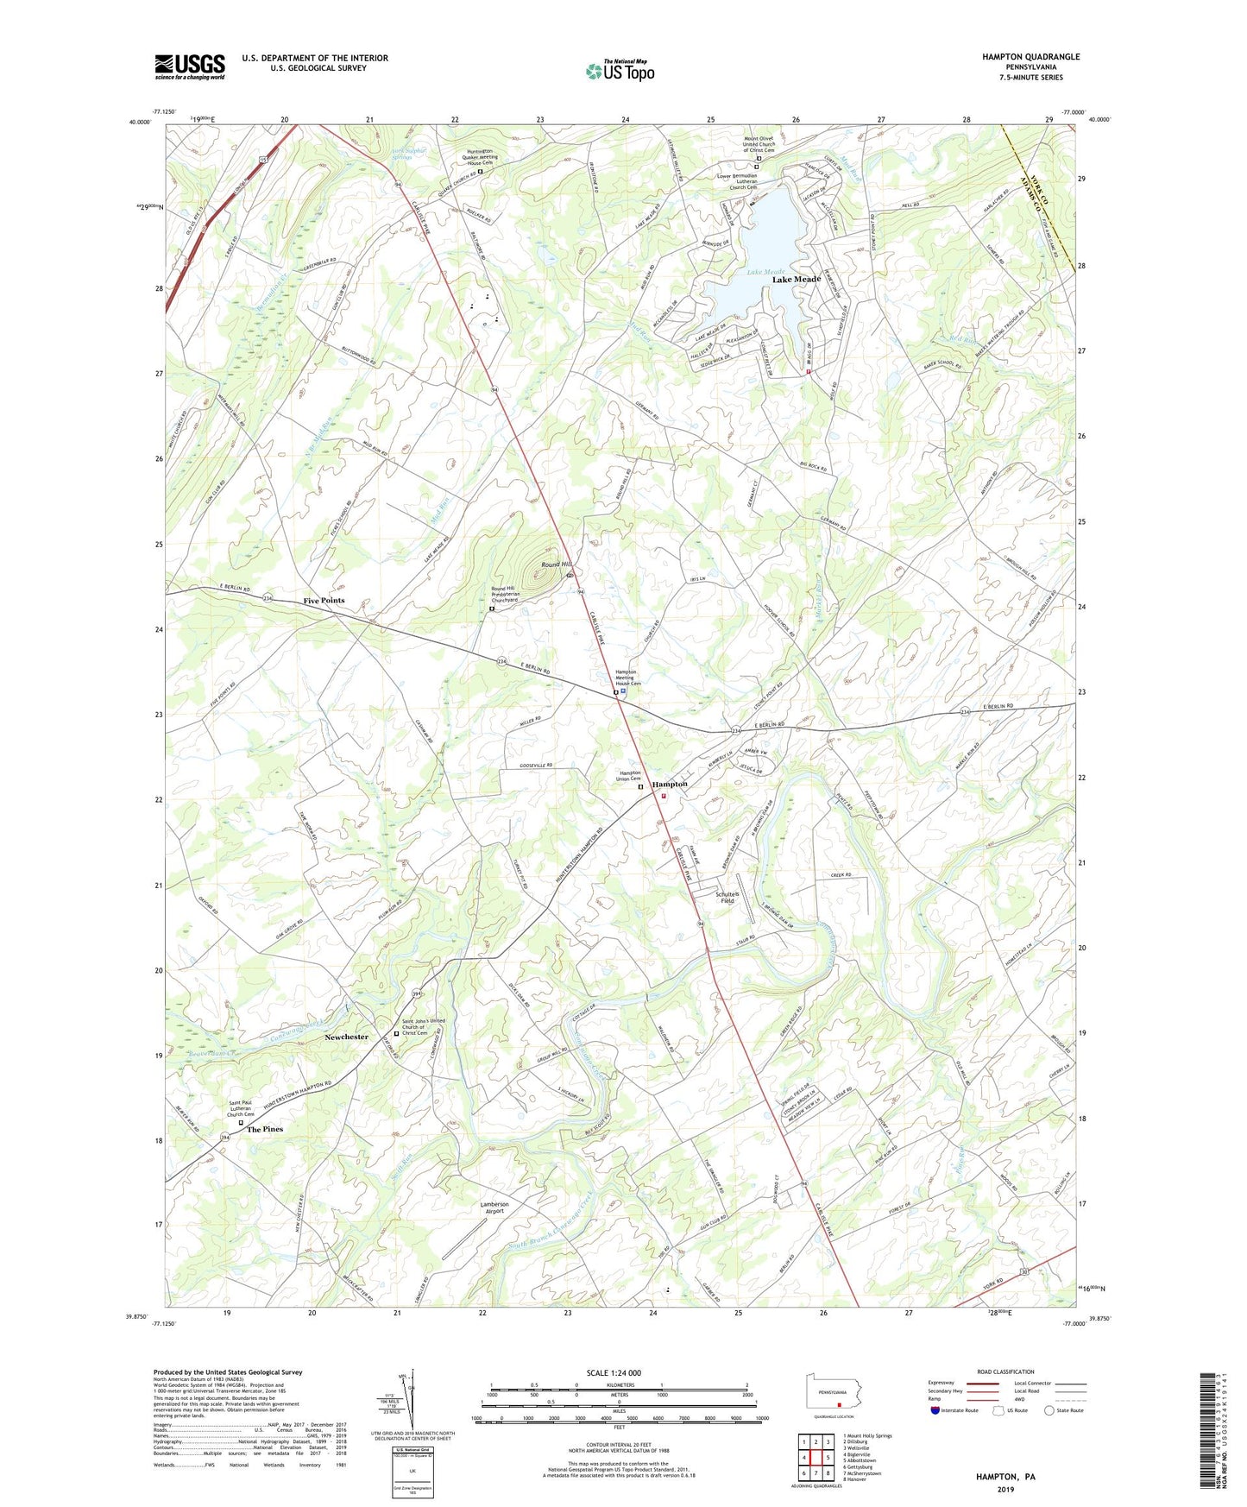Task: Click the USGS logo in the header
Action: [190, 66]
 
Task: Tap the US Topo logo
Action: [620, 71]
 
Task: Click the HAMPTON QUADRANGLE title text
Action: [1030, 57]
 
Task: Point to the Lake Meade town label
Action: [796, 280]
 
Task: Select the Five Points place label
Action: [324, 601]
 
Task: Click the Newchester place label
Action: [346, 1037]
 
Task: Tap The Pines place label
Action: [265, 1129]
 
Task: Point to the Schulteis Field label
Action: [727, 897]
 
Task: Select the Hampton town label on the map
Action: [670, 784]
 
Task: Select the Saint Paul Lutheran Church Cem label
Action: [241, 1108]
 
